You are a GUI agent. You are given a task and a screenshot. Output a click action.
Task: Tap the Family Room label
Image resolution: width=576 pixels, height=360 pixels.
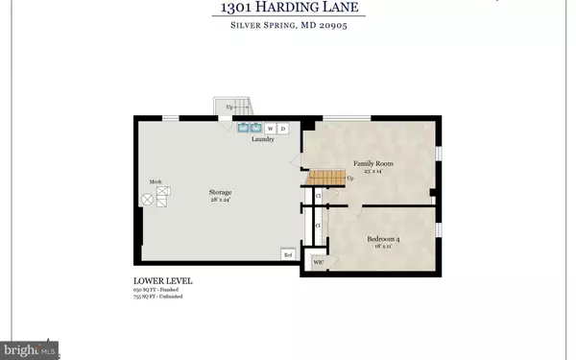coord(373,164)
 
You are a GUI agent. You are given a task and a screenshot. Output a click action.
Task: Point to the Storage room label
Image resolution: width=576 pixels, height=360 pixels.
coord(221,193)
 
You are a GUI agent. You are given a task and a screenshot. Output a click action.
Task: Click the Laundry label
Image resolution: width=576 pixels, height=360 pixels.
coord(263,139)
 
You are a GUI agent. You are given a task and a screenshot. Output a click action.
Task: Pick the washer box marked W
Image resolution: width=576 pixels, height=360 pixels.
coord(271,128)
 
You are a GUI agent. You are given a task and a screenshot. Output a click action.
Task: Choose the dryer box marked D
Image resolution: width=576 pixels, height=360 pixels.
coord(283,128)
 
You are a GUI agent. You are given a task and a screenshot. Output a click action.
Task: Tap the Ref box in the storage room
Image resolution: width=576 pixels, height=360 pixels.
coord(287,254)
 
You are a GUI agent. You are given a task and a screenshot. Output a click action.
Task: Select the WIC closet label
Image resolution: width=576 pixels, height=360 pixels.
coord(318,260)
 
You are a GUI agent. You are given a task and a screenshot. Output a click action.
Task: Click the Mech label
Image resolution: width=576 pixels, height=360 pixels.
coord(155,181)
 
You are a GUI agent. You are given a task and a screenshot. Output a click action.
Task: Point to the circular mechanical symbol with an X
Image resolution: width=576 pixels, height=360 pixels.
coord(147,200)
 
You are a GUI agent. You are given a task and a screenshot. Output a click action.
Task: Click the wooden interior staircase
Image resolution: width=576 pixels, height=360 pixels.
coord(324,177)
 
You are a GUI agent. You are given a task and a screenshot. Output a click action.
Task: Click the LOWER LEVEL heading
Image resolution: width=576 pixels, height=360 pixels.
coord(162,281)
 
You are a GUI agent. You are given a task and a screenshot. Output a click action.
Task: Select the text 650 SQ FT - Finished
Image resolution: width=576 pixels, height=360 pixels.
coord(158,290)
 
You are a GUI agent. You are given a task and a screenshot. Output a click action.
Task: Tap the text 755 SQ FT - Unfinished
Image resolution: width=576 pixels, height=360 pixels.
coord(158,297)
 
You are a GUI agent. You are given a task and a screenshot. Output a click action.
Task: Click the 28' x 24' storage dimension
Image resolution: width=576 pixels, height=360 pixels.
coord(221,201)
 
